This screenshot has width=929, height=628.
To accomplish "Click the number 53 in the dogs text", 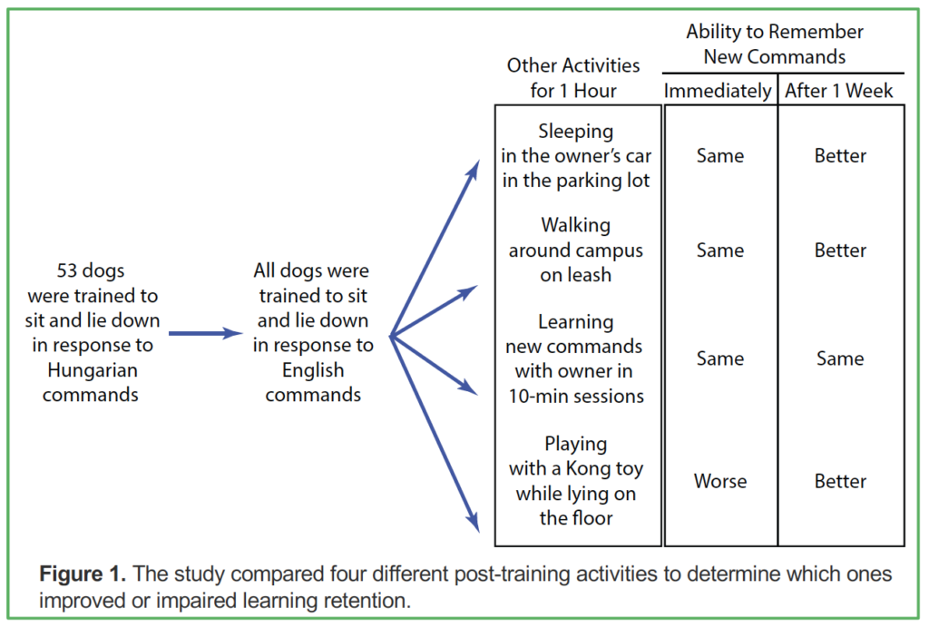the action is coord(66,270).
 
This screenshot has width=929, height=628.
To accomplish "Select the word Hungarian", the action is coord(93,370).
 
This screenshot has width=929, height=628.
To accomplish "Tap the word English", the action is coord(313,370).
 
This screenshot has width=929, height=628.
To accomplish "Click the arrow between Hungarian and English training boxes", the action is coord(206,334).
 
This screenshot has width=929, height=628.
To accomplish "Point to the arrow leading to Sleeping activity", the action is coord(435,248).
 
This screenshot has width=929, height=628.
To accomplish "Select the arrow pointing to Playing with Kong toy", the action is coord(435,434).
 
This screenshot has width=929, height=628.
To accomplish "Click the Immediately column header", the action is coord(718,91).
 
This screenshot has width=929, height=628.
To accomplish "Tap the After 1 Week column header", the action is coord(839,91).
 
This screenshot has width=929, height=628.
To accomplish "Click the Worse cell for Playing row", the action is coord(719,481).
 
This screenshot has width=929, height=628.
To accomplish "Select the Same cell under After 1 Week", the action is coord(840,358).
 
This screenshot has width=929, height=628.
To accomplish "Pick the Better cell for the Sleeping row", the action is coord(840,156).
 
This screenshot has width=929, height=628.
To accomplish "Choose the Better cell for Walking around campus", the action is coord(840,250).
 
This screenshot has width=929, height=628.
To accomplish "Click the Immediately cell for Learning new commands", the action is coord(719,358).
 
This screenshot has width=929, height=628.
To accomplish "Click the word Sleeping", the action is coord(576,132).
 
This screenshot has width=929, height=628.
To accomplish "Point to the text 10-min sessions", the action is coord(576,396).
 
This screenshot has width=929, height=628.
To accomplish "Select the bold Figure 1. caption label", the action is coord(83,574).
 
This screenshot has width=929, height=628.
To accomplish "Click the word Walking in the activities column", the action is coord(576,226).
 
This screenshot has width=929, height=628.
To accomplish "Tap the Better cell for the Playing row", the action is coord(840,481).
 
